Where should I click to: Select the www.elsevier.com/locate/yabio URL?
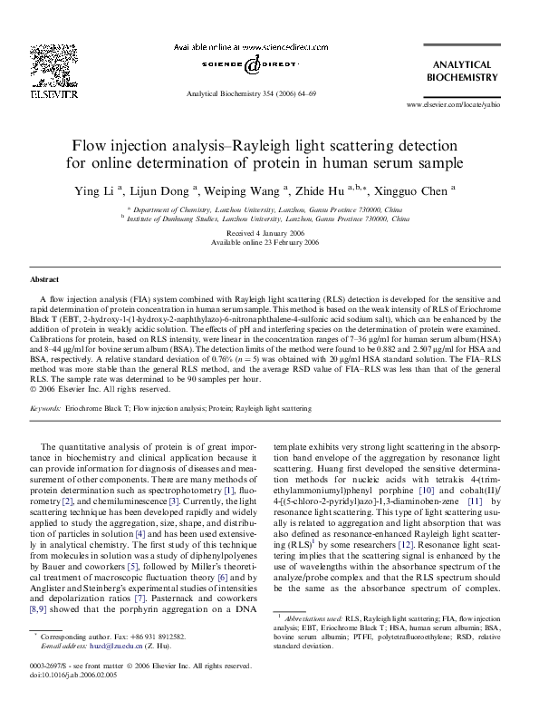[456, 105]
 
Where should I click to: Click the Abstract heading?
[45, 279]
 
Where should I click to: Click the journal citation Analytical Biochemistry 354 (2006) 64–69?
[250, 93]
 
